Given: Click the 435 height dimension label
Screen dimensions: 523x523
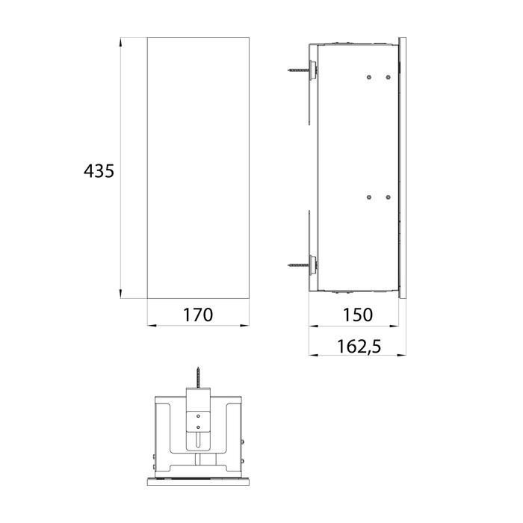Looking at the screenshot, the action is coord(99,171).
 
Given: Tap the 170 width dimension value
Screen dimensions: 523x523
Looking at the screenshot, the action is coord(198,315).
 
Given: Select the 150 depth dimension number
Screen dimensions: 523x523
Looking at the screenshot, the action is coord(358,315).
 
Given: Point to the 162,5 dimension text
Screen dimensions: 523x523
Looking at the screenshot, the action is coord(359,346).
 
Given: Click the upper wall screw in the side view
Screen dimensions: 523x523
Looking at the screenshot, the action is coord(299,70).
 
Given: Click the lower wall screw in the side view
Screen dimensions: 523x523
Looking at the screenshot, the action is coord(299,265).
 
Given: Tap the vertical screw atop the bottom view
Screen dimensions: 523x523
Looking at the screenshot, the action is coord(198,377).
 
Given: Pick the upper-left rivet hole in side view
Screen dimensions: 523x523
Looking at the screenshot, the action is coord(369,78).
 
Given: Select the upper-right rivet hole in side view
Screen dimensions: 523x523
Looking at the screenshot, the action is coord(388,78).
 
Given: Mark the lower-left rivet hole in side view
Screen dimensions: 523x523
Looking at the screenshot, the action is coord(369,197).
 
